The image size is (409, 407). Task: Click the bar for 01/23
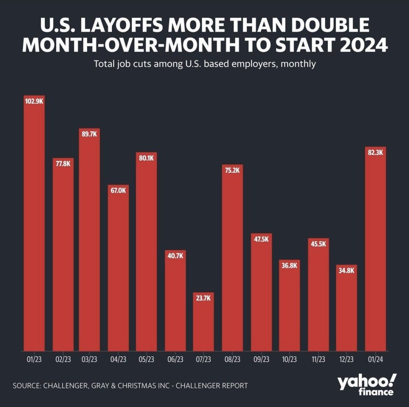(x=34, y=223)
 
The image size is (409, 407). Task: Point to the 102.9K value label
(x=34, y=101)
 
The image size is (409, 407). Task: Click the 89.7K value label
(x=89, y=134)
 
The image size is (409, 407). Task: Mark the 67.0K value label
(x=118, y=191)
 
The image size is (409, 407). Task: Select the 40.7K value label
(x=175, y=256)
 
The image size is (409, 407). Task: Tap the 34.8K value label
(x=347, y=270)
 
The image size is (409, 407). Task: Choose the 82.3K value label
(x=375, y=152)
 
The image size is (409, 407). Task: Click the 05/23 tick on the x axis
(x=146, y=359)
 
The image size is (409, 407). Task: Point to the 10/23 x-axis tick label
(x=290, y=359)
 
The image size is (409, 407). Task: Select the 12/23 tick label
(x=347, y=359)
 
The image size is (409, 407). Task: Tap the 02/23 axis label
(x=63, y=359)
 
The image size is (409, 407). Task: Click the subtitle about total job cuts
(x=204, y=64)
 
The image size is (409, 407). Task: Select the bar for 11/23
(x=318, y=295)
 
